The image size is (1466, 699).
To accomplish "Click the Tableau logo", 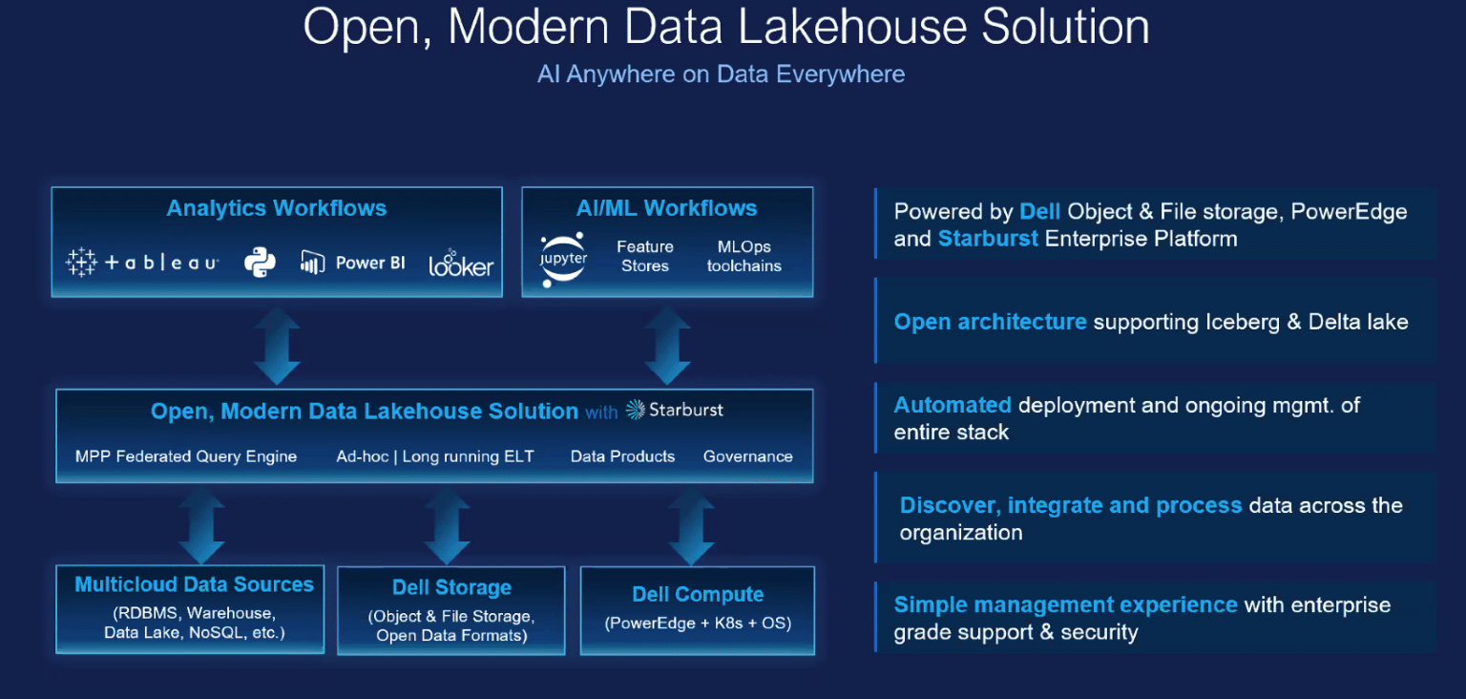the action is pos(142,263).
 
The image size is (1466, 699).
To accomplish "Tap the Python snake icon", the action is pos(260,263).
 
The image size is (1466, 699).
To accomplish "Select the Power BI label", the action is pos(370,263).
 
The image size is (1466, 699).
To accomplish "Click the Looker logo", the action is pos(461,264).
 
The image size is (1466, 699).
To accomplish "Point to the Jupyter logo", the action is pos(563,259).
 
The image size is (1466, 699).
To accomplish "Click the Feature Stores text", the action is pos(644,256).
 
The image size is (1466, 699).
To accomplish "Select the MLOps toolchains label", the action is pos(744,256).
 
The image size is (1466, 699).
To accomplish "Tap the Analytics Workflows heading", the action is pos(276,208).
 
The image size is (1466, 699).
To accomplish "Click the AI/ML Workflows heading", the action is pos(666,208).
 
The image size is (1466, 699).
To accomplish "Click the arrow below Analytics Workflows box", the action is pos(277,345).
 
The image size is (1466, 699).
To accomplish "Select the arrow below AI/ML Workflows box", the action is pos(667,345).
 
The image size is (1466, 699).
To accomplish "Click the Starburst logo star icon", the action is pos(635,410).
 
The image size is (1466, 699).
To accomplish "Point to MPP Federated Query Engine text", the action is pos(186,456).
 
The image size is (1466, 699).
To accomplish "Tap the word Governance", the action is pos(748,456).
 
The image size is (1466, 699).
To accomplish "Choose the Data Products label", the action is pos(622,456).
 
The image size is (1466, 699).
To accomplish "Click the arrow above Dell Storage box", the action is pos(447,525).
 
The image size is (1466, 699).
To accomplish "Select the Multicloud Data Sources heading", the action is pos(195,584).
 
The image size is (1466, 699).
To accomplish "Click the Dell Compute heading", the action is pos(698,594).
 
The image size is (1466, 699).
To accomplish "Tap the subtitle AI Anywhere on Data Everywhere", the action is pos(722,74).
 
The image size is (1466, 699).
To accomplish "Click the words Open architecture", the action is pos(990,322).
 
